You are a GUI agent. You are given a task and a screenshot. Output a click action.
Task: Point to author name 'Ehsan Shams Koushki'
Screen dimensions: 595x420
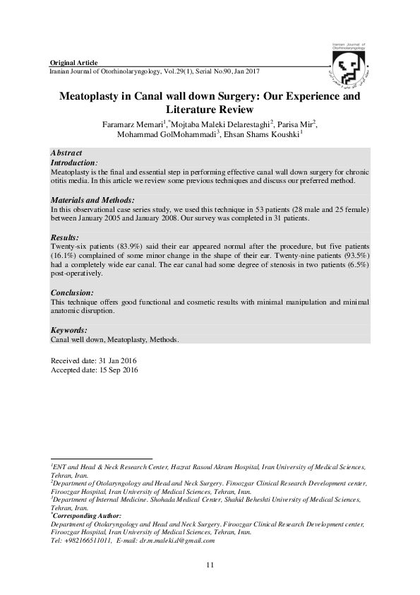point(261,136)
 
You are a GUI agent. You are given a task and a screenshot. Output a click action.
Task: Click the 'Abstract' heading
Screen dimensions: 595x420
point(67,153)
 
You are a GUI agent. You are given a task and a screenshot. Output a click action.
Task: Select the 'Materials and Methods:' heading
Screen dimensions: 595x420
point(92,201)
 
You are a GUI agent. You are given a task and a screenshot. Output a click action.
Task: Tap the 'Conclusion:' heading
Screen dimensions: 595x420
point(73,293)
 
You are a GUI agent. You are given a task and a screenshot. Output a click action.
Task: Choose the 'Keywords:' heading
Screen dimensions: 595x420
point(69,330)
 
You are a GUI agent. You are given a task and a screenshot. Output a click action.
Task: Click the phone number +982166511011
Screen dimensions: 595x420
point(85,540)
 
